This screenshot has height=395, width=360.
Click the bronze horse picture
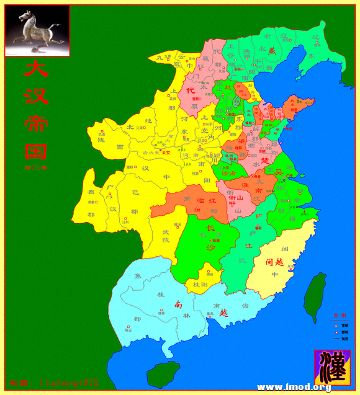(37, 30)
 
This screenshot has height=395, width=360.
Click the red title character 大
(36, 69)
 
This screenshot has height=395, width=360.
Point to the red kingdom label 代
(199, 91)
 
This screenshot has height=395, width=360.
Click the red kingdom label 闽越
(274, 262)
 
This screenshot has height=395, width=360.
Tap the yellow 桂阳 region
(200, 284)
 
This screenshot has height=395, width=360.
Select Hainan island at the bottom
(163, 375)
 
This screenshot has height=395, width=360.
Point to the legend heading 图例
(338, 315)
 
